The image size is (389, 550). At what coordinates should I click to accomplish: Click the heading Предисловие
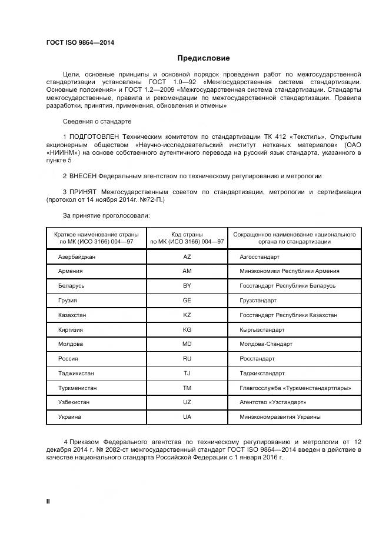(204, 58)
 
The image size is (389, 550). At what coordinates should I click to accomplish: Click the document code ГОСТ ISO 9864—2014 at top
(80, 43)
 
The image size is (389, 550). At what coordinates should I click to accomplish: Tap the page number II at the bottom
(48, 501)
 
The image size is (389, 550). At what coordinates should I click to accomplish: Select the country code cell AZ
(187, 257)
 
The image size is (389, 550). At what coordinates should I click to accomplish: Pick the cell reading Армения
(71, 271)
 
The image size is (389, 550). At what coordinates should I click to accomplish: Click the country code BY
(187, 286)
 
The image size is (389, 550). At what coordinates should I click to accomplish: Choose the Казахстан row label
(72, 315)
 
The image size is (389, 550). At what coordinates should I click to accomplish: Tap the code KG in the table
(187, 329)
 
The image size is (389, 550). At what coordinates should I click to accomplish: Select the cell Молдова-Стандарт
(266, 344)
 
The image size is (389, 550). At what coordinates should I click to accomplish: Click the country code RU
(187, 359)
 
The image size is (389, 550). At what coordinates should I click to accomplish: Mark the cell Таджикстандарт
(262, 374)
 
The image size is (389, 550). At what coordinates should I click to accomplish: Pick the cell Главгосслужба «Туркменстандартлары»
(295, 388)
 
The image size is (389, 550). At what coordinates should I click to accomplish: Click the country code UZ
(187, 402)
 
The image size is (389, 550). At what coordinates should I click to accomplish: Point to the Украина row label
(70, 417)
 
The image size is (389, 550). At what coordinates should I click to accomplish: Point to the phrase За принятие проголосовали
(98, 216)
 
